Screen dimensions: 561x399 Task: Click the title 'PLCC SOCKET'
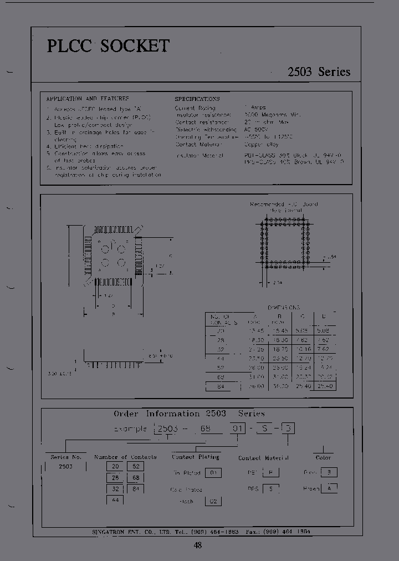(108, 46)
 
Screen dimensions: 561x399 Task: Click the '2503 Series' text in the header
(319, 72)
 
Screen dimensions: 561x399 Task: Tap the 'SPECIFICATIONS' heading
(197, 99)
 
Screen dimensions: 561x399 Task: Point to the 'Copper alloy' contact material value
(261, 144)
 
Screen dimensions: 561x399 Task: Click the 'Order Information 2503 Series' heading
(189, 414)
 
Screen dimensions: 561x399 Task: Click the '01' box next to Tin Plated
(213, 473)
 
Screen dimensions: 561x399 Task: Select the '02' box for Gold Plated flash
(213, 501)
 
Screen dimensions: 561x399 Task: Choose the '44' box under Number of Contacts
(115, 500)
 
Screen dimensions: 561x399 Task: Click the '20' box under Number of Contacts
(115, 467)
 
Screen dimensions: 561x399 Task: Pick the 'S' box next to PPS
(270, 489)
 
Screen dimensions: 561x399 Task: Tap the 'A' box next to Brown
(329, 488)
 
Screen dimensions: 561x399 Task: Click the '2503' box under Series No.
(65, 466)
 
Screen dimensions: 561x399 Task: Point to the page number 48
(198, 545)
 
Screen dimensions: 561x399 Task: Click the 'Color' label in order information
(323, 457)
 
